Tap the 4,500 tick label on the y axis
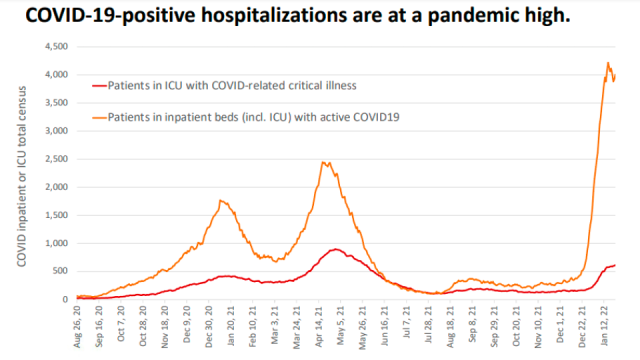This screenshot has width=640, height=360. [56, 47]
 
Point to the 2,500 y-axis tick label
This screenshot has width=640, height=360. [56, 159]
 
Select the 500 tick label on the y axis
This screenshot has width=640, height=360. [60, 271]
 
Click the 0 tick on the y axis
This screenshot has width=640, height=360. [65, 300]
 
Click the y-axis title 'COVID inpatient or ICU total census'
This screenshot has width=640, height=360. [22, 176]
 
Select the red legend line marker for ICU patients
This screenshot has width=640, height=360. [99, 86]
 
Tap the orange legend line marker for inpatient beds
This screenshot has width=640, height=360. [99, 118]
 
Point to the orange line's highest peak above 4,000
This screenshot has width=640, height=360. [608, 62]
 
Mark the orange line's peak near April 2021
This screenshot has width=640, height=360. [323, 162]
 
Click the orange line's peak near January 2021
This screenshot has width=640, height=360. [220, 200]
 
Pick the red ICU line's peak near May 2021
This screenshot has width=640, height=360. [336, 249]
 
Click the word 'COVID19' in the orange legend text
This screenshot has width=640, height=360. [376, 117]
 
